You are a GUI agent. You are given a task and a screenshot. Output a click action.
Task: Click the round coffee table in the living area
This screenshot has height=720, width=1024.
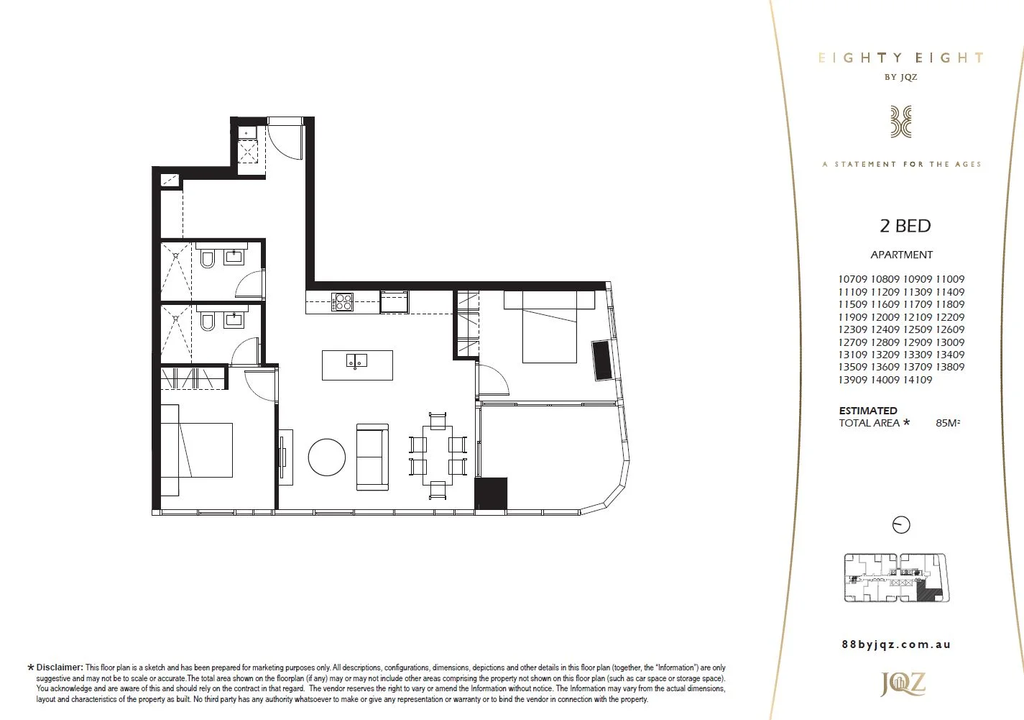click(327, 457)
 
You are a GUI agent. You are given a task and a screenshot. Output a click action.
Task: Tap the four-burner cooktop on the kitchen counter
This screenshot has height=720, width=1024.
click(342, 302)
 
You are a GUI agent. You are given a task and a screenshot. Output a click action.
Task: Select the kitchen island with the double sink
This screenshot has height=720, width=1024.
click(357, 365)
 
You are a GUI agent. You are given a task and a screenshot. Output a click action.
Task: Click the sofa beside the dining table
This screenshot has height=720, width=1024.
click(372, 457)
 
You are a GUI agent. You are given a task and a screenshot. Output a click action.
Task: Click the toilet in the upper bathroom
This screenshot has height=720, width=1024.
click(208, 258)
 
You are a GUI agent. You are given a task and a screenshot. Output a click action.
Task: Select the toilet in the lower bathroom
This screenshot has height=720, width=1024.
click(208, 321)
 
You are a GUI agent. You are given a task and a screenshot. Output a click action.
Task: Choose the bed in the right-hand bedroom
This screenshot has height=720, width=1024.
click(549, 327)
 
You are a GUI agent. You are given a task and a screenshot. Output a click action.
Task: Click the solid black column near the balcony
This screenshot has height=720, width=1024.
click(491, 494)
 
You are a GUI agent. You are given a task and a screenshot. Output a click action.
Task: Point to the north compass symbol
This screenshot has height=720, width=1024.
click(901, 525)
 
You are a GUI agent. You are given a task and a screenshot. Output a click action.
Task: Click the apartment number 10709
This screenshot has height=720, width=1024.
click(853, 279)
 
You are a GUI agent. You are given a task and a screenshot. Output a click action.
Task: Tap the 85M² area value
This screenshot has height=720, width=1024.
click(948, 423)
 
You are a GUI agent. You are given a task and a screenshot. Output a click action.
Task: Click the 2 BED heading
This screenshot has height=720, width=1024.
click(905, 226)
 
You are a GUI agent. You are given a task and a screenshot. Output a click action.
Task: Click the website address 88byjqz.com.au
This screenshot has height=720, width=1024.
click(896, 644)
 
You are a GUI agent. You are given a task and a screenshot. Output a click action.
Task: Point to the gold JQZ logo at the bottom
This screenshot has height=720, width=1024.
click(903, 684)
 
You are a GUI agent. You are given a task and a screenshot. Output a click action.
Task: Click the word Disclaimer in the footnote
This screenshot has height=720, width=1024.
click(60, 667)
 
